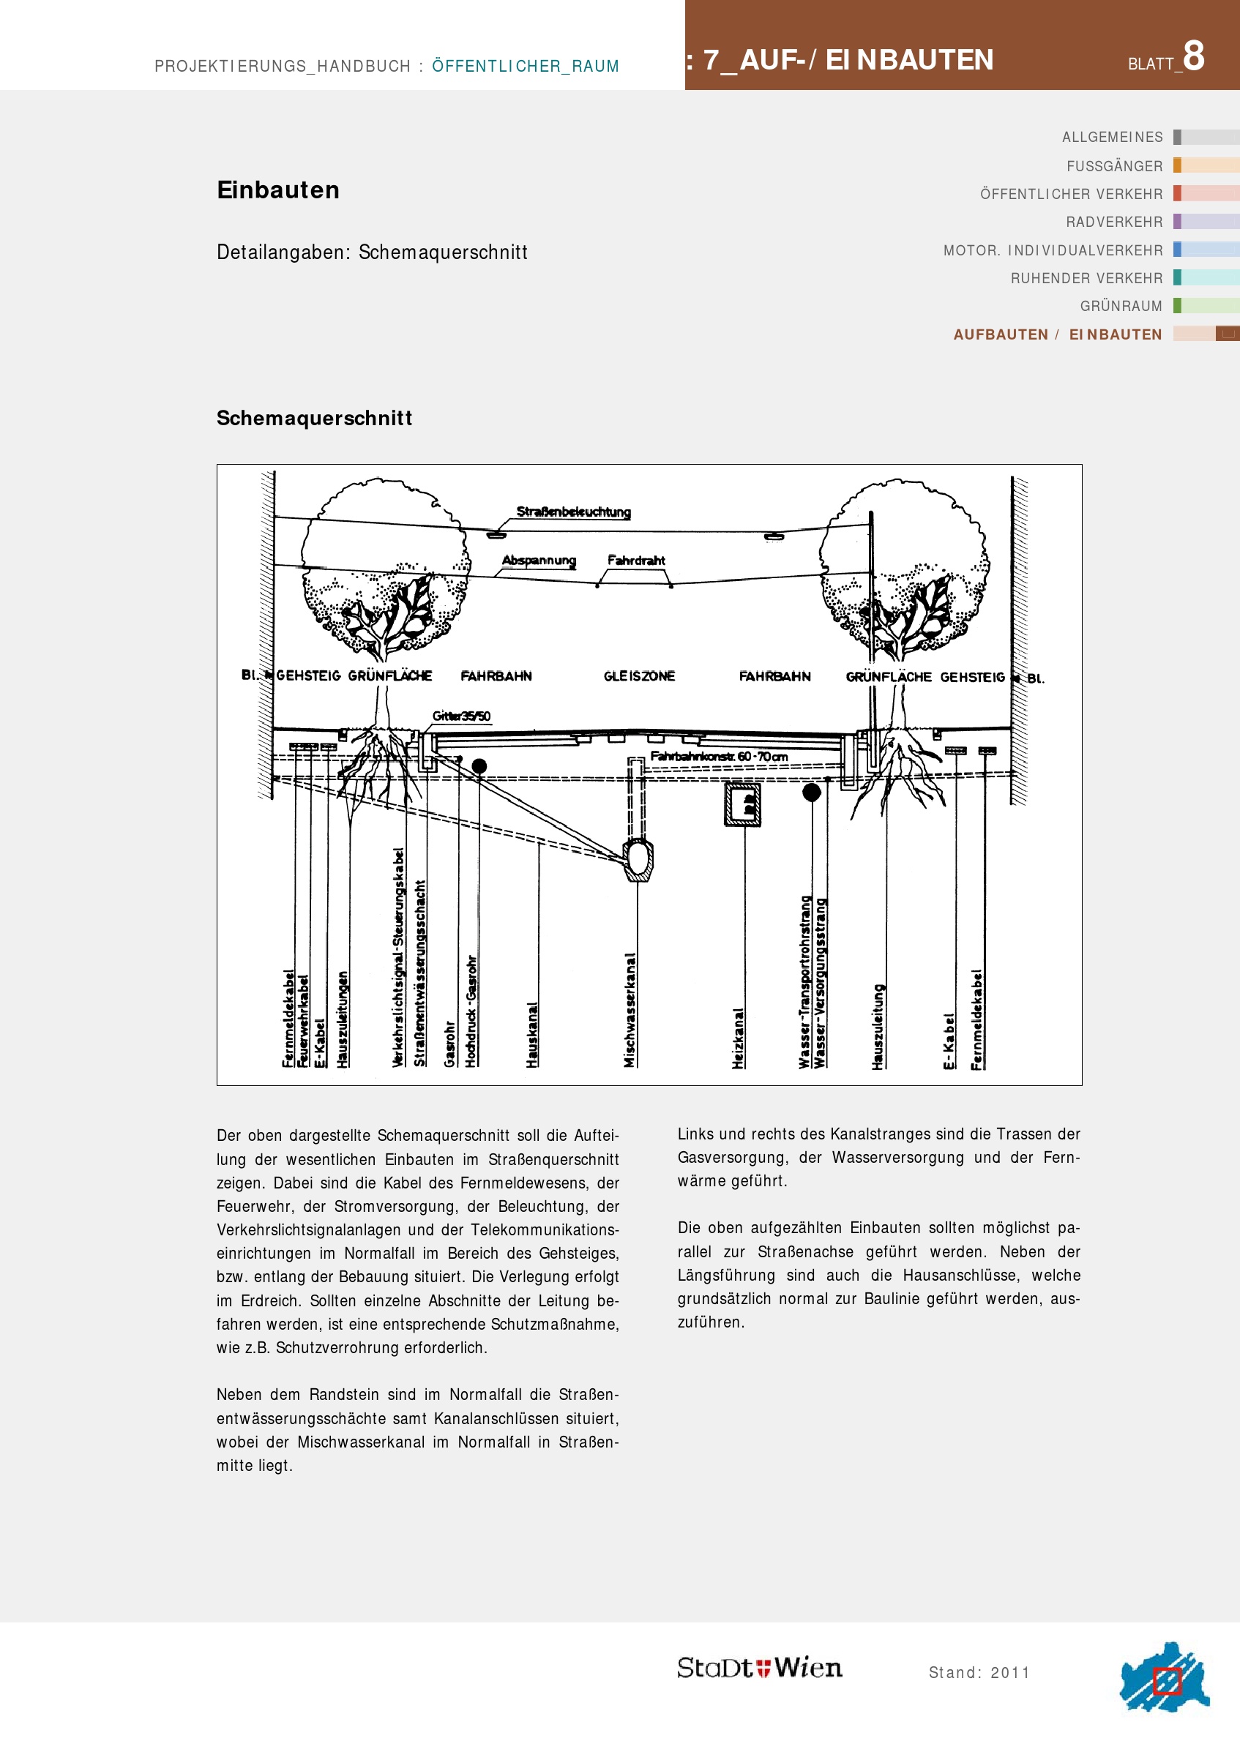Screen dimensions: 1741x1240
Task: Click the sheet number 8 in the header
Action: click(x=1192, y=56)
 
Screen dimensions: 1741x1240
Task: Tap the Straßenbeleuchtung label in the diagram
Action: click(x=573, y=512)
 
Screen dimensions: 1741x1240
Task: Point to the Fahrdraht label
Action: click(x=636, y=561)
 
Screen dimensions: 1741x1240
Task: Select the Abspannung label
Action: click(x=538, y=561)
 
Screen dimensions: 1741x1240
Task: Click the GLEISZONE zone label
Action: click(x=639, y=676)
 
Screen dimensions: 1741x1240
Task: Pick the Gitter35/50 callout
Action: click(x=461, y=716)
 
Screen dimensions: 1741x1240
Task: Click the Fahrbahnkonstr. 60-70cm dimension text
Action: click(x=719, y=757)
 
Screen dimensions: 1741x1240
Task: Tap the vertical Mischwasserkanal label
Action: click(x=630, y=1009)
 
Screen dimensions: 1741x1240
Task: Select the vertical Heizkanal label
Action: click(x=738, y=1037)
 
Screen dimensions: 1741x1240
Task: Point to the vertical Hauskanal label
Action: click(x=532, y=1034)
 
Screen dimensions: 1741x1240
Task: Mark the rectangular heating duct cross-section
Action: click(x=742, y=804)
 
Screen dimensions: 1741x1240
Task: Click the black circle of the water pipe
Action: click(x=812, y=793)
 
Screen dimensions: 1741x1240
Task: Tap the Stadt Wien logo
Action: click(x=760, y=1668)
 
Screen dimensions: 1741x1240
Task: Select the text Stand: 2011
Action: click(x=979, y=1672)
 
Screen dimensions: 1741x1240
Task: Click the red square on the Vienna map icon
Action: click(x=1167, y=1681)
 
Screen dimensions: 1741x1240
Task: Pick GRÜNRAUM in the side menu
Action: click(x=1121, y=306)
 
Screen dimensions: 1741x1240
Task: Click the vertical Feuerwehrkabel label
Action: click(x=303, y=1020)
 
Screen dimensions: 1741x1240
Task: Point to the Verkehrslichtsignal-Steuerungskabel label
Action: click(x=397, y=957)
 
